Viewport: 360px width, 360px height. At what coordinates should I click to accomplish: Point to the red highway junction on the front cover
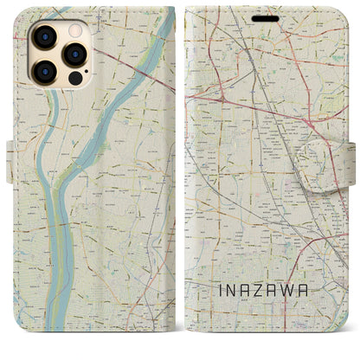click(224, 100)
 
